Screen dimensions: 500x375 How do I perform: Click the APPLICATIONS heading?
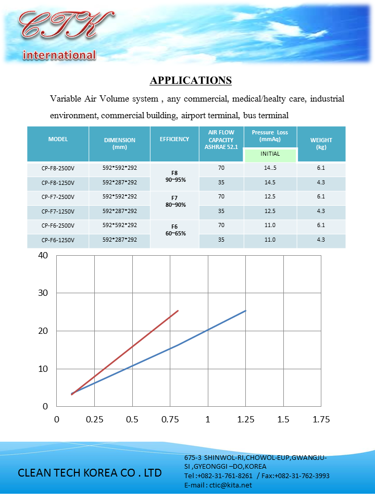(x=191, y=80)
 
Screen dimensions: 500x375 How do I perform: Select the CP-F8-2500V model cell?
(x=58, y=168)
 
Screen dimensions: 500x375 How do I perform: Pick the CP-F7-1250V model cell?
(x=58, y=211)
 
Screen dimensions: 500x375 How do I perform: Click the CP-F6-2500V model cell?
(x=58, y=226)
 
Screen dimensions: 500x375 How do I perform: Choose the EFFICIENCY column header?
(x=174, y=140)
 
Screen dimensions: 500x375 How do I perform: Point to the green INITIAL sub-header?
(x=270, y=154)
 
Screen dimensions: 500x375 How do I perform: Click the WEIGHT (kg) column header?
(x=321, y=144)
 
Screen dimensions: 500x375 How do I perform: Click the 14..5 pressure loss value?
(x=270, y=168)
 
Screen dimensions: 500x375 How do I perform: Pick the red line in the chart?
(x=125, y=352)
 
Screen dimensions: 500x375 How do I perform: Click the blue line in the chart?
(x=208, y=331)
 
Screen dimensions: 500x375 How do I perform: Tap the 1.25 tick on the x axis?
(x=245, y=419)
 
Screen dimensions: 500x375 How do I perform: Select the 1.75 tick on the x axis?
(x=320, y=419)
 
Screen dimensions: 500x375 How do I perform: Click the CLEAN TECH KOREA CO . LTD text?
(x=90, y=473)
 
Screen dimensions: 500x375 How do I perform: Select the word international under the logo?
(x=59, y=55)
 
